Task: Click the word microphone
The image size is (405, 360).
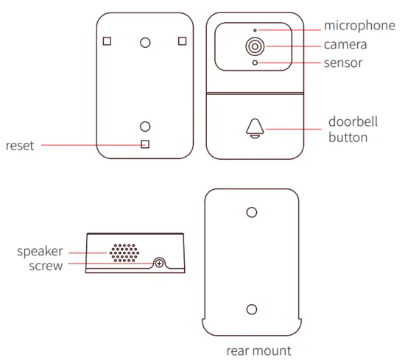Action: point(359,26)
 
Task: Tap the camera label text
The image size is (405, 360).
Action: point(345,45)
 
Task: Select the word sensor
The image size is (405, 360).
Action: point(343,63)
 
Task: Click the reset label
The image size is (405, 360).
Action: point(20,146)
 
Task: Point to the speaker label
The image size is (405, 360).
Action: point(40,252)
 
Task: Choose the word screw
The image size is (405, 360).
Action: point(46,266)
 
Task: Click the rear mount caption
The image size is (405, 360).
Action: point(258,351)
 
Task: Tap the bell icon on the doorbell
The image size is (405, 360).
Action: point(255,128)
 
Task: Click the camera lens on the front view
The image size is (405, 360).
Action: point(255,46)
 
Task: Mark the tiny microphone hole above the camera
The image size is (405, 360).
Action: point(255,30)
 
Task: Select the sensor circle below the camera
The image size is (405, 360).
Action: point(255,63)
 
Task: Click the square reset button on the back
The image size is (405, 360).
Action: point(145,144)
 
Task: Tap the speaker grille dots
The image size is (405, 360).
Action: point(124,253)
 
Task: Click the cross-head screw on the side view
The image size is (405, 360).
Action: point(159,264)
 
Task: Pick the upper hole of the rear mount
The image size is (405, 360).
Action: point(252,212)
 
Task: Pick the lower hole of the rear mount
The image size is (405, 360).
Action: point(252,309)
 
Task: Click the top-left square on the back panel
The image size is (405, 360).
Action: point(107,41)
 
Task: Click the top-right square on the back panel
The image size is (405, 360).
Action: point(183,41)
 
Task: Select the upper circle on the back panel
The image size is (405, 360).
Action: point(145,43)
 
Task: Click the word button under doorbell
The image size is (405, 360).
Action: point(348,138)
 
